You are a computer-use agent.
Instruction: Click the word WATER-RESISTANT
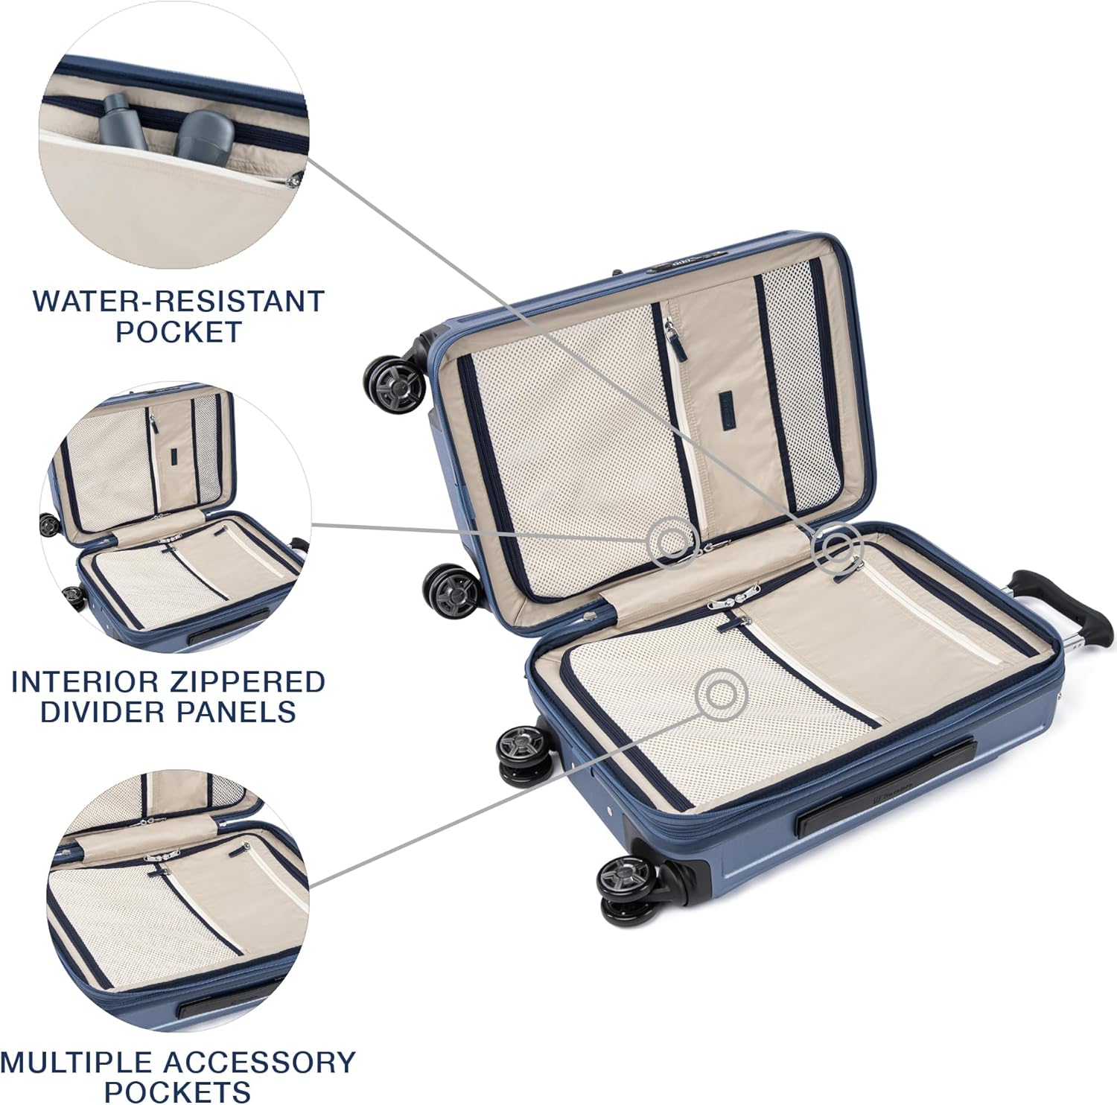pyautogui.click(x=179, y=301)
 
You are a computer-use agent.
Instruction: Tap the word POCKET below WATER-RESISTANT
pyautogui.click(x=179, y=331)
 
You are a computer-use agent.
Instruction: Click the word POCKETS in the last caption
pyautogui.click(x=177, y=1092)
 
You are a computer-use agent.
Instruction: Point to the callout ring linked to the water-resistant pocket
pyautogui.click(x=838, y=549)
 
